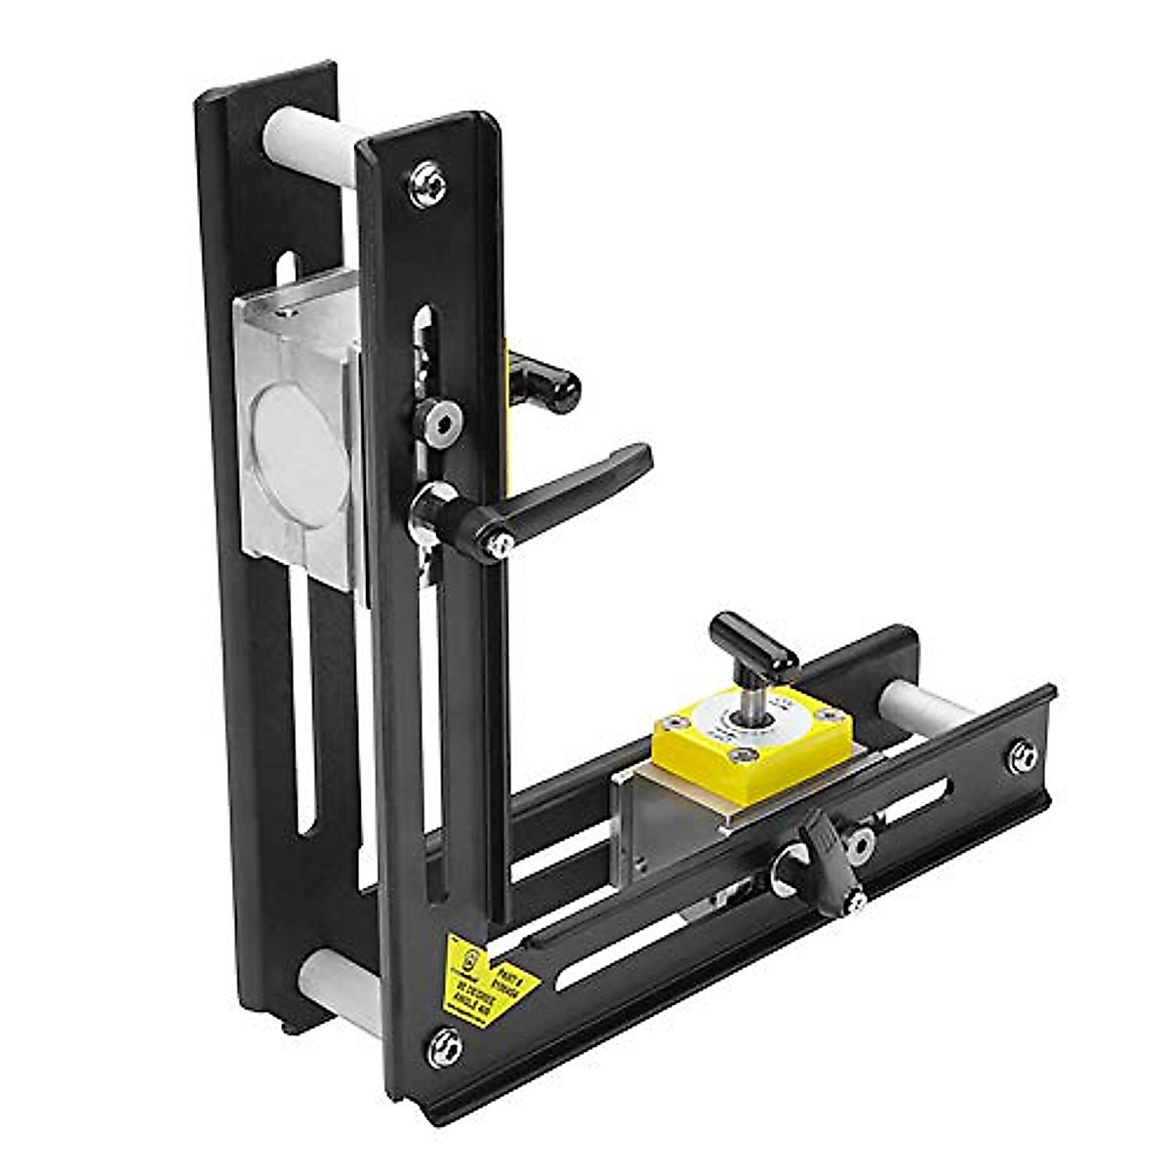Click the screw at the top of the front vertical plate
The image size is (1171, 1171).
[x=429, y=184]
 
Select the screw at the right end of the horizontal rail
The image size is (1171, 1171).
[x=1022, y=756]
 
